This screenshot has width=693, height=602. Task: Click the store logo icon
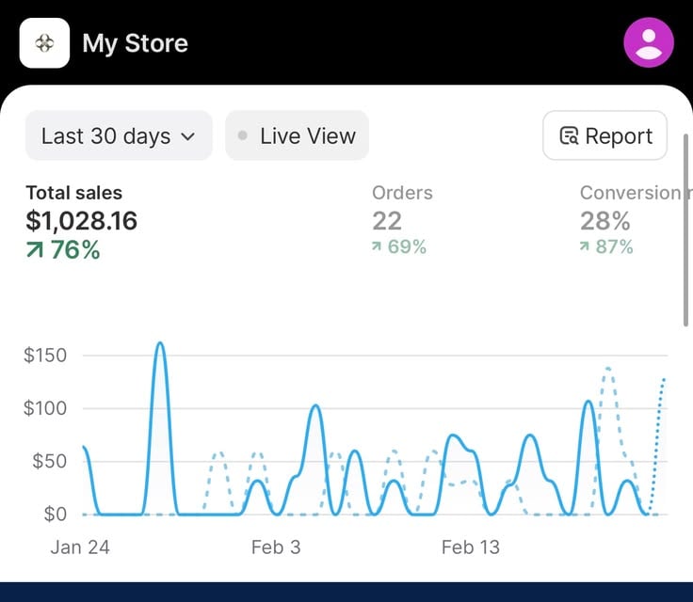(x=44, y=43)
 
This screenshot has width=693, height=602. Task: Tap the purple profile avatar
(x=649, y=42)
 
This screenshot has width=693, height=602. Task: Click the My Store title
(x=136, y=43)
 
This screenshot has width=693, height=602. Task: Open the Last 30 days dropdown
(x=119, y=135)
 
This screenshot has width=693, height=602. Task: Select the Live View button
(x=297, y=135)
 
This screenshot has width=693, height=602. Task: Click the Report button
(x=604, y=135)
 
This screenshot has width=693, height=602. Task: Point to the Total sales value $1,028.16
(x=82, y=221)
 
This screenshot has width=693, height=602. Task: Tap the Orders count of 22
(x=387, y=221)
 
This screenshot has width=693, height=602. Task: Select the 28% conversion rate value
(x=605, y=221)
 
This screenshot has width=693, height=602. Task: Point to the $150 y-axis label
(x=45, y=356)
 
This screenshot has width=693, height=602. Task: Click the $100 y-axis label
(x=45, y=408)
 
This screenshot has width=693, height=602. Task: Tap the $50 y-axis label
(x=50, y=461)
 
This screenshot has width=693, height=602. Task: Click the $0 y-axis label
(x=56, y=515)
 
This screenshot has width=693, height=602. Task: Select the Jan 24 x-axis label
(x=80, y=547)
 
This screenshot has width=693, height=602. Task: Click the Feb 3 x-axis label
(x=276, y=547)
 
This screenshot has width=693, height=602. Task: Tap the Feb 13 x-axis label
(x=471, y=547)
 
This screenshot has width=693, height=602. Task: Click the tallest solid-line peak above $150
(x=160, y=343)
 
